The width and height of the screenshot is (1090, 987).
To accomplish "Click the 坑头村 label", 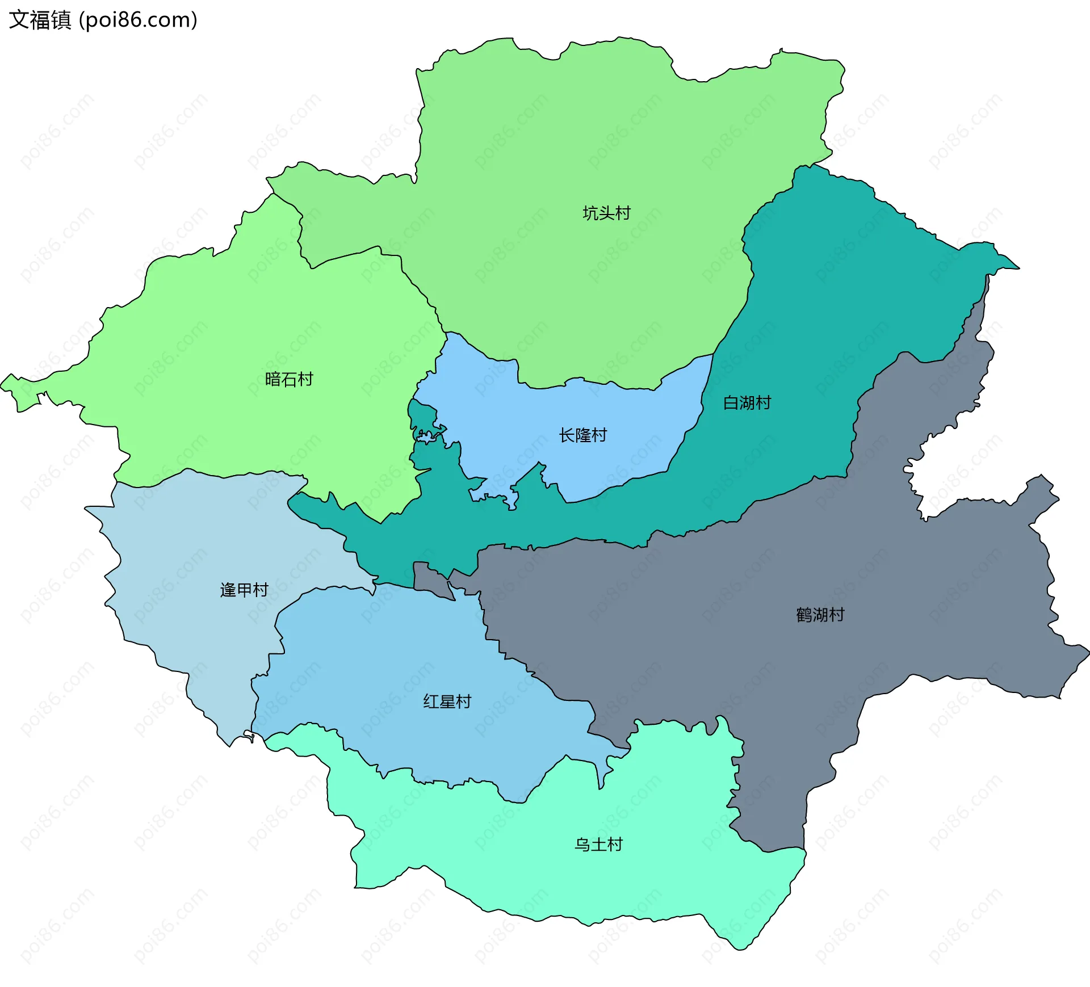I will (606, 213).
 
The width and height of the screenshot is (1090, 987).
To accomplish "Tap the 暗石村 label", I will (289, 379).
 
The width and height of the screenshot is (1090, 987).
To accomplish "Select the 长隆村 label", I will (582, 435).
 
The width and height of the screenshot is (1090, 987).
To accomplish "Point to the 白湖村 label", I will (747, 403).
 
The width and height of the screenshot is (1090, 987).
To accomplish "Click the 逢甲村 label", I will (244, 590).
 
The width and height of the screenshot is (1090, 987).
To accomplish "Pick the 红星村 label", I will (447, 702).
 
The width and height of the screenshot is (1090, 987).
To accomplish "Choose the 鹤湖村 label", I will (820, 615).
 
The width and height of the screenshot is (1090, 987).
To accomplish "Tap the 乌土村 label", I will (598, 845).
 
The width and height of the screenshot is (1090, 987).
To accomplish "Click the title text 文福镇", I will (40, 20).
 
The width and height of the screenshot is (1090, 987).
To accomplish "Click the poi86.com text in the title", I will (138, 20).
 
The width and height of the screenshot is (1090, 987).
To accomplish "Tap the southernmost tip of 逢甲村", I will (230, 745).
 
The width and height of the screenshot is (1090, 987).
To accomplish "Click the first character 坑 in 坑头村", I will (590, 213).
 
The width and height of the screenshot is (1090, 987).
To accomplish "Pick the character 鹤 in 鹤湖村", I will (804, 615).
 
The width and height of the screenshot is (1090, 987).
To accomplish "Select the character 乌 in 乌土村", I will (582, 845).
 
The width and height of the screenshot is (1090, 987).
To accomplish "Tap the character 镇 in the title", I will (61, 20).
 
